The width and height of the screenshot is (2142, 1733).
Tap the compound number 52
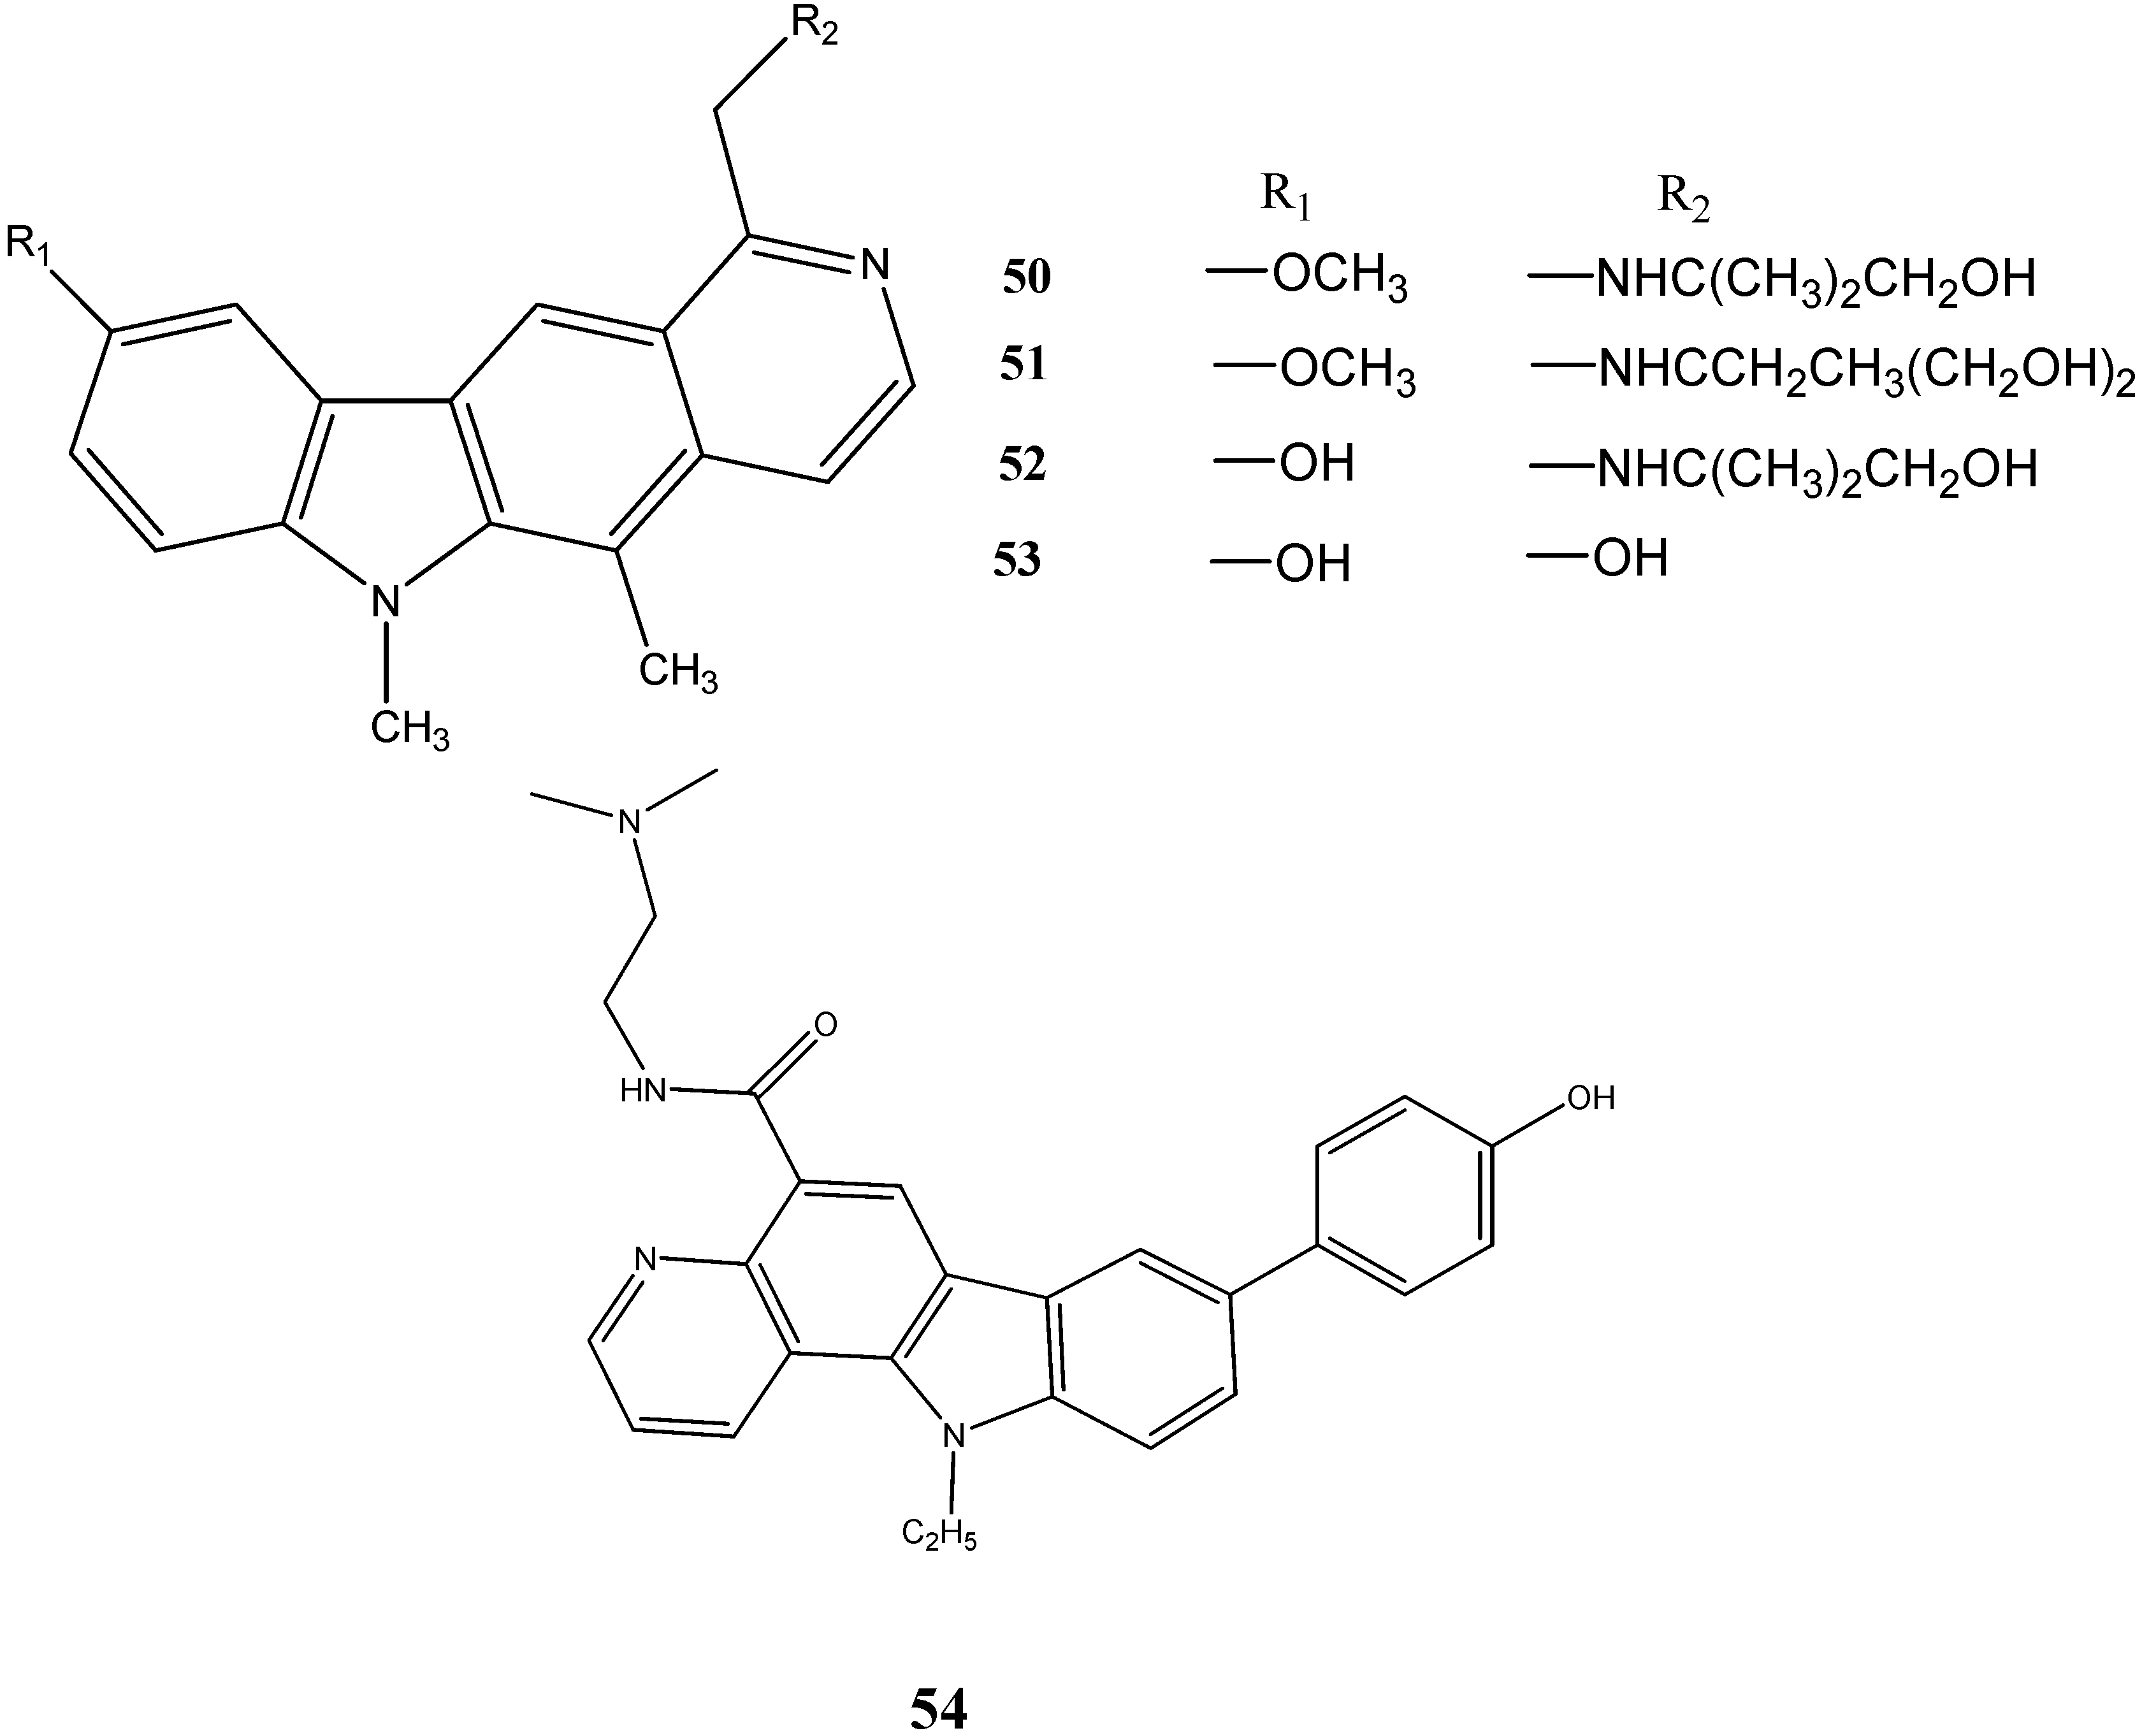(1023, 465)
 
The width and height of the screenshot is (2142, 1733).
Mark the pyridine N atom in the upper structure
(874, 266)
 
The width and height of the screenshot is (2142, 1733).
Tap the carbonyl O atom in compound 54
(825, 1024)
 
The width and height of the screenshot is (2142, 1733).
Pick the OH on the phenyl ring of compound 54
(1591, 1099)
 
